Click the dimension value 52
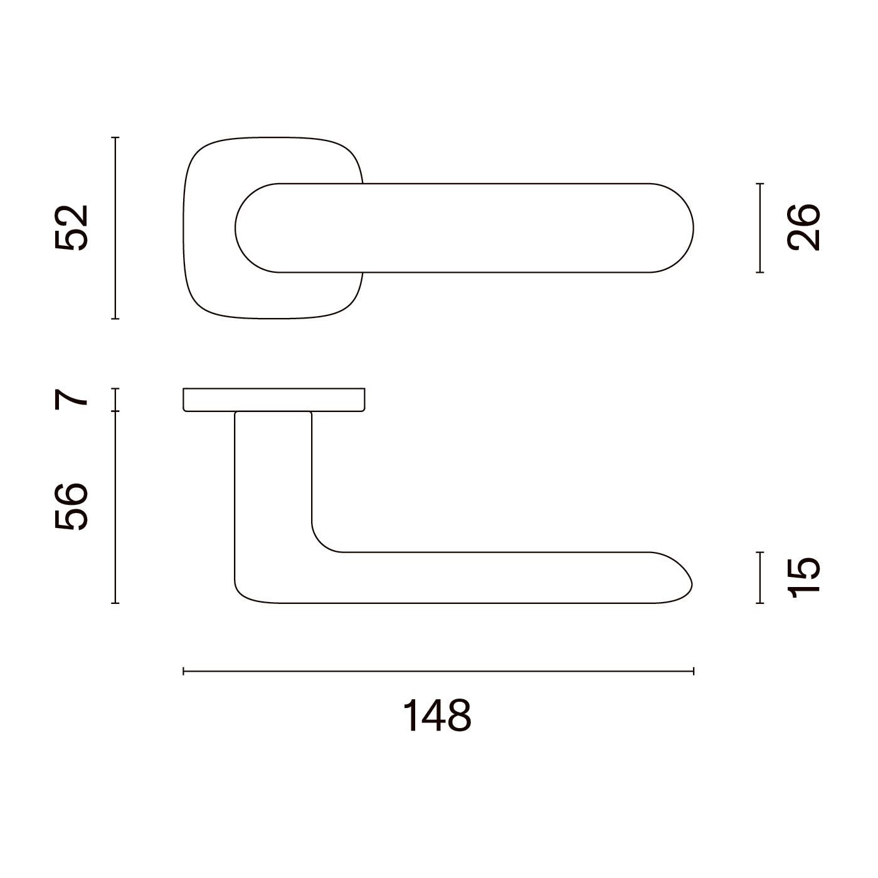coord(71,228)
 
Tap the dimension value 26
coord(803,228)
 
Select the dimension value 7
coord(71,400)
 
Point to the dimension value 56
coord(71,507)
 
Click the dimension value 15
coord(803,577)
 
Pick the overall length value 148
coord(437,716)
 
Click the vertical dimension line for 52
coord(115,228)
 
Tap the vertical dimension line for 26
coord(759,228)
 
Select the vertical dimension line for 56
coord(115,507)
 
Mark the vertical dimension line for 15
coord(759,578)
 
